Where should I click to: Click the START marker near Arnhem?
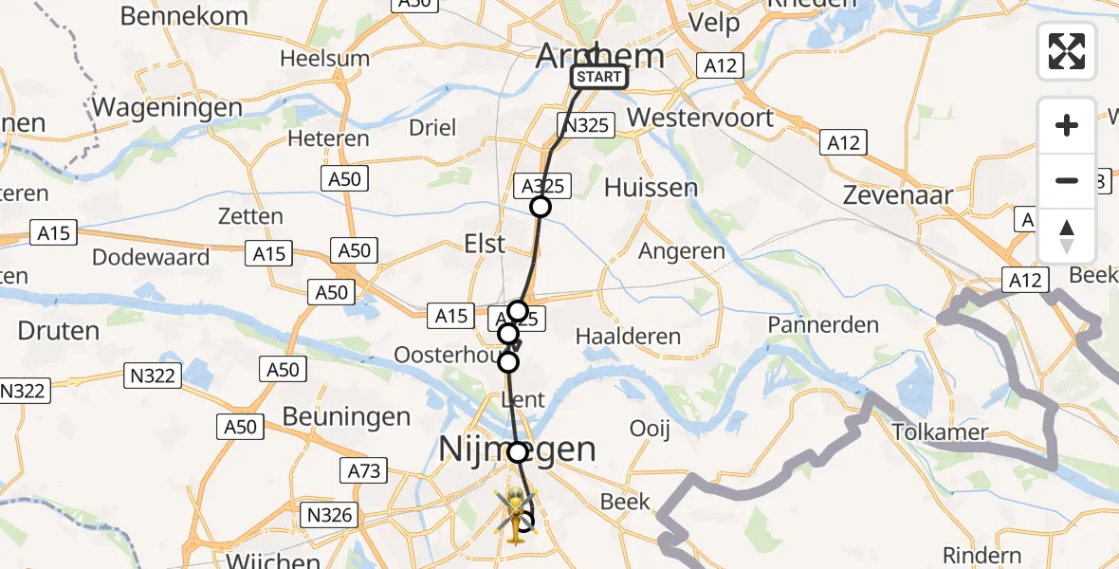point(599,77)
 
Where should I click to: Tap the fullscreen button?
point(1067,51)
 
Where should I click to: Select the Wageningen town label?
point(168,107)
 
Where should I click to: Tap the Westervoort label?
point(701,119)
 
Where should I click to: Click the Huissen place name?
point(651,187)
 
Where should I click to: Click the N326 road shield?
point(331,515)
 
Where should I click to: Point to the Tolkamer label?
point(941,432)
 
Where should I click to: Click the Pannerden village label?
point(824,324)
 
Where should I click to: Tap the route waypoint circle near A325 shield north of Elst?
point(541,207)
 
